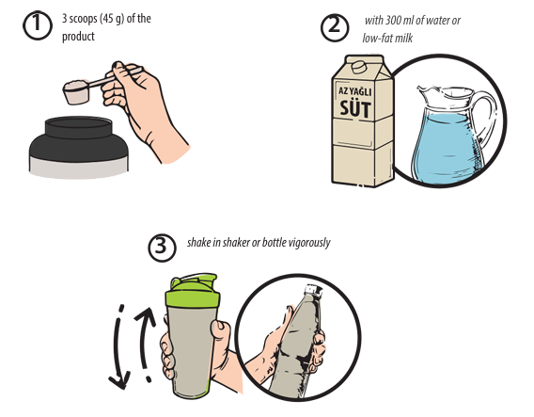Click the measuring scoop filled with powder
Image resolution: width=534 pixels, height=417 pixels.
coord(75,90)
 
